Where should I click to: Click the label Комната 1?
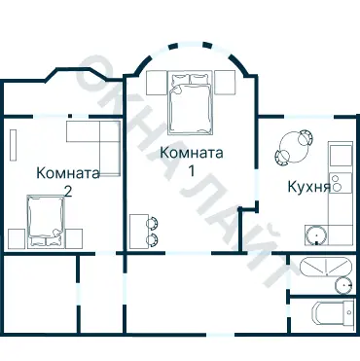pyautogui.click(x=192, y=162)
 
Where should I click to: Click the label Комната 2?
pyautogui.click(x=66, y=182)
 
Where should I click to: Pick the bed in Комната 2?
pyautogui.click(x=46, y=220)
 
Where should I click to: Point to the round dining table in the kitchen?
pyautogui.click(x=292, y=149)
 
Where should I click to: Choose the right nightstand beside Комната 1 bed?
pyautogui.click(x=225, y=84)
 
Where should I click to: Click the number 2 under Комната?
pyautogui.click(x=66, y=192)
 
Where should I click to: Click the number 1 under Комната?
pyautogui.click(x=192, y=171)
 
